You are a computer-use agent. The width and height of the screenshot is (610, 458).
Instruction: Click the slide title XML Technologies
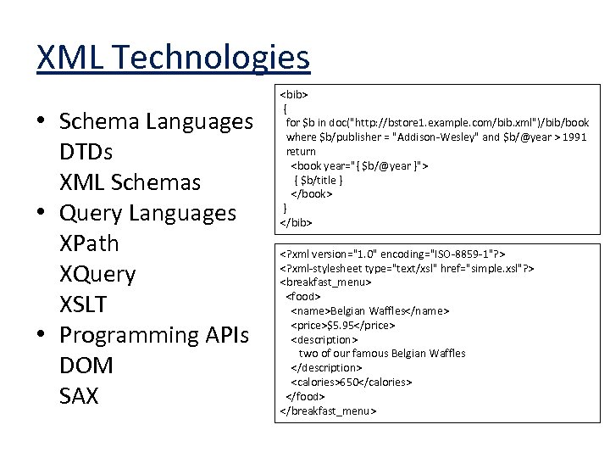[174, 58]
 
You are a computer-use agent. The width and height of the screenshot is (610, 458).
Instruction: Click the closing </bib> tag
[297, 222]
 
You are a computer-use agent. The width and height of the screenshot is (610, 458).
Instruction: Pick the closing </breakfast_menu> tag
[327, 411]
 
